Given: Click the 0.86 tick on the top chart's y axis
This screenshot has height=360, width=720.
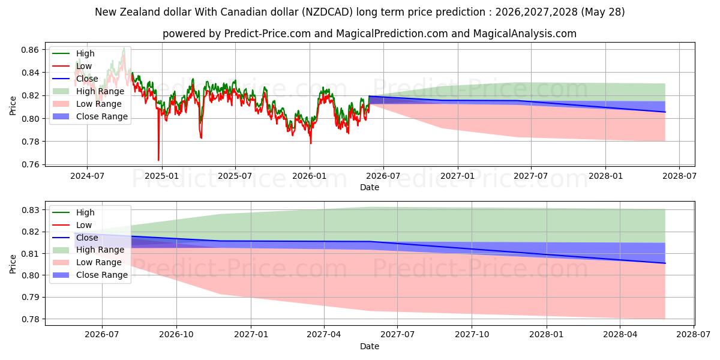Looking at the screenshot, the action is pos(30,50).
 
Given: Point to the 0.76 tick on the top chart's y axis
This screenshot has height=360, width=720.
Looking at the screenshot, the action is pos(30,164).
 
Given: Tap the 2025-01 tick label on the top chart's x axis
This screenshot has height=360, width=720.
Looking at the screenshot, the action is pos(162,176).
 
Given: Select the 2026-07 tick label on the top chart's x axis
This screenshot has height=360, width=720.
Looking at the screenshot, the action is pos(383,176).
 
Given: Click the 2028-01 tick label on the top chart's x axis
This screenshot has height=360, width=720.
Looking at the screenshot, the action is pos(605,176).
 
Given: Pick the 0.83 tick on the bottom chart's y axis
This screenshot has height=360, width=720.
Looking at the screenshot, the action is pos(30,210).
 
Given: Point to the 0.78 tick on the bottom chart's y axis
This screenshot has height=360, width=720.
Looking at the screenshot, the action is pos(30,319).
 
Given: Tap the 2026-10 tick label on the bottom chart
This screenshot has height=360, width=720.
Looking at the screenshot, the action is pos(176,335).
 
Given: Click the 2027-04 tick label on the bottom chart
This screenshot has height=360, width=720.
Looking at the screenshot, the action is pos(324,335).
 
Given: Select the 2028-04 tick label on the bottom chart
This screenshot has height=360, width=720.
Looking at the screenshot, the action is pos(620,335).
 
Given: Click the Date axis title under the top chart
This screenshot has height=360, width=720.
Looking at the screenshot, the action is pos(370,187).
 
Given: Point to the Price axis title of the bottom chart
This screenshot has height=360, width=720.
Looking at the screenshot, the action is pos(13,264).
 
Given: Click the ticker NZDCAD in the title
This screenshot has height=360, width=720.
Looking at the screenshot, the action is pos(328,12).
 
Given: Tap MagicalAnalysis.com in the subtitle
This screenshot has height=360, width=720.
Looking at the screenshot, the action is pos(524,34).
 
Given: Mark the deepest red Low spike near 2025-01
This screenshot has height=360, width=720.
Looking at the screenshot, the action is pos(158,160).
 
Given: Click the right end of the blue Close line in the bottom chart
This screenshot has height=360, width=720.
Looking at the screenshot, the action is pos(665,263).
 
